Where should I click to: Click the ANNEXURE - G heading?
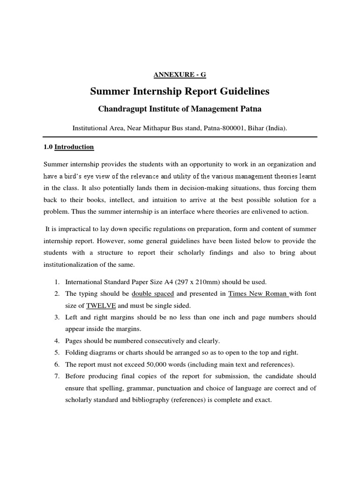[180, 75]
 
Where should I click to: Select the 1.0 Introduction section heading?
[69, 147]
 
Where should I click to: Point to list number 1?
[56, 282]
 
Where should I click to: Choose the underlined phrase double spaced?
[153, 294]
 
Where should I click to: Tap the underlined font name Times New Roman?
[257, 294]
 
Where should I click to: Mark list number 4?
[56, 341]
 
